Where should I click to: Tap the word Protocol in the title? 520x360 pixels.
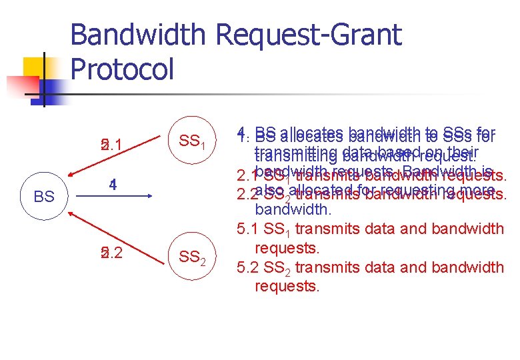click(121, 69)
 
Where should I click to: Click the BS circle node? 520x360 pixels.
click(44, 197)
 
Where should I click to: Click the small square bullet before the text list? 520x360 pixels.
click(227, 135)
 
